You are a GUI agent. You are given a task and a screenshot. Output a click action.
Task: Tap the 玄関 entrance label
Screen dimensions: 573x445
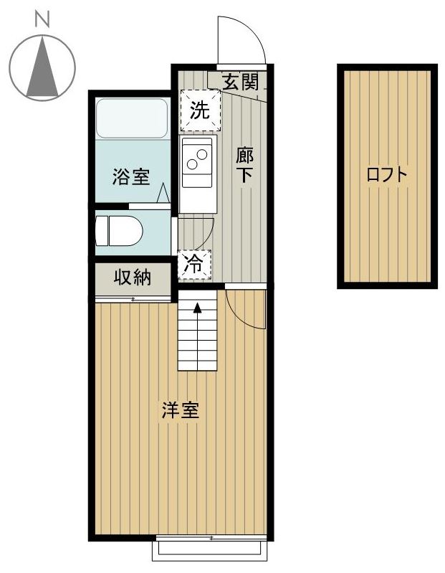pos(239,80)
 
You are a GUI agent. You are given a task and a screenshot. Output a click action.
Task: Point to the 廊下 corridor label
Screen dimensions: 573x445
pos(245,165)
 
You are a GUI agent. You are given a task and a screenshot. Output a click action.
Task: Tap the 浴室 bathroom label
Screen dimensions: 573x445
pos(131,176)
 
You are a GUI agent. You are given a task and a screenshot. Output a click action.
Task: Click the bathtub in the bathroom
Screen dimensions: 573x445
pos(132,119)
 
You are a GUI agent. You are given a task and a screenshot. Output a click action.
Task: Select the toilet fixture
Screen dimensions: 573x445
pos(120,231)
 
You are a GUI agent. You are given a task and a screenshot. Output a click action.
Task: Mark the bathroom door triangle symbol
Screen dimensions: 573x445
pos(162,194)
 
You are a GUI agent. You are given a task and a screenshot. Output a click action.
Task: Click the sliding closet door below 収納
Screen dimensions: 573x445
pos(133,298)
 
